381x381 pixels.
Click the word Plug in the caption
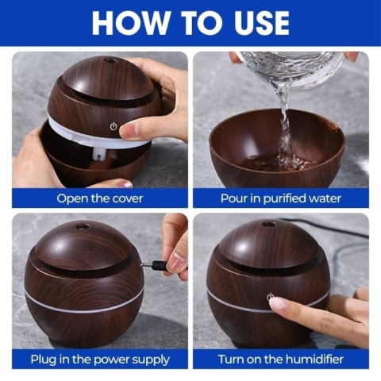42,360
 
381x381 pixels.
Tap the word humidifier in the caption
314,360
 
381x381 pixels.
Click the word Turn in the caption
231,360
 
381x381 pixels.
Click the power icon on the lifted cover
114,126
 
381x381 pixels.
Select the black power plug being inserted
159,264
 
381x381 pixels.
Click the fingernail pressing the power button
276,304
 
